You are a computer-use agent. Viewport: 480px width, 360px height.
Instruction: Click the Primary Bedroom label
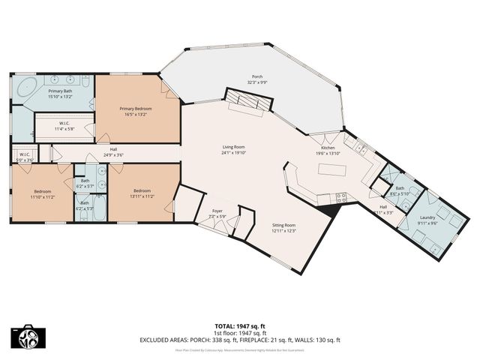tap(138, 108)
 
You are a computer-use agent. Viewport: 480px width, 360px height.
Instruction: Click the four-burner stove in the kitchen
tap(341, 198)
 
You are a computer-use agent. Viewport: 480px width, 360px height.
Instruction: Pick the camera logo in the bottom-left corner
tap(27, 337)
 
